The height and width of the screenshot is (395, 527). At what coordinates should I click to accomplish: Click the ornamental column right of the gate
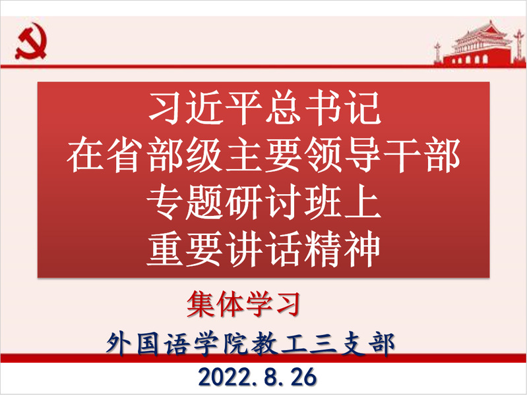click(519, 47)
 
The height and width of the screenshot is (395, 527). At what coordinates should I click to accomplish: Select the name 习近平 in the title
click(205, 108)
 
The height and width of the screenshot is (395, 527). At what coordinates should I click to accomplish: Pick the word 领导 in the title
click(342, 155)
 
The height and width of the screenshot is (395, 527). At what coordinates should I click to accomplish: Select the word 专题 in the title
click(185, 203)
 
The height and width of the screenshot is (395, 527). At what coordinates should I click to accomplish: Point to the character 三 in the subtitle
click(323, 344)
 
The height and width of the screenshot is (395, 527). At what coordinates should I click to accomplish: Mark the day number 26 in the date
click(304, 377)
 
